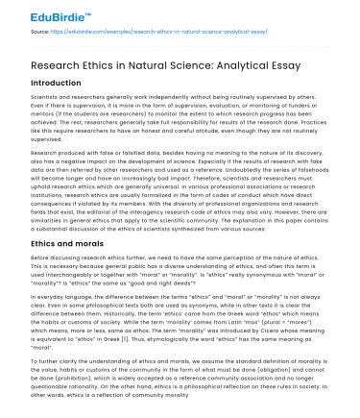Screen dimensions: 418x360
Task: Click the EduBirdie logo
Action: point(38,13)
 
